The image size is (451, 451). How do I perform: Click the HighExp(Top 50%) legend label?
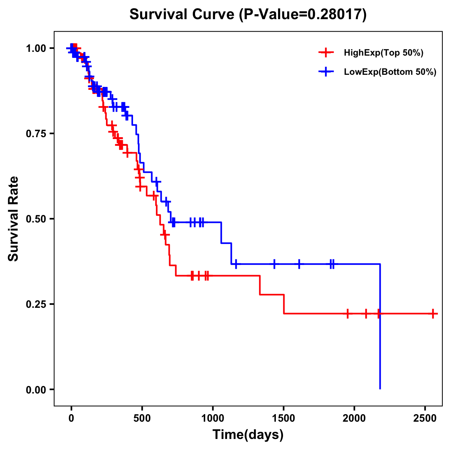point(383,53)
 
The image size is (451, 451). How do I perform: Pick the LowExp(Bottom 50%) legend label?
point(390,72)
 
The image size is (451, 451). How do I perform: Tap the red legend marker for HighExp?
point(326,53)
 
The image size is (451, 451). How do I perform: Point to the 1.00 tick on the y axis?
point(36,48)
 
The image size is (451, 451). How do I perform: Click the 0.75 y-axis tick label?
point(36,133)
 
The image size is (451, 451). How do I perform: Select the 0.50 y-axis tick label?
point(36,219)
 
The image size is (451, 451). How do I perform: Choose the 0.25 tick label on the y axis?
point(36,304)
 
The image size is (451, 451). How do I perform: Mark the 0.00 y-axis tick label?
point(36,389)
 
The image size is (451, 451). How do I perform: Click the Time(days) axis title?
point(248,435)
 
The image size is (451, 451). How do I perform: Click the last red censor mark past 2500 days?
point(433,313)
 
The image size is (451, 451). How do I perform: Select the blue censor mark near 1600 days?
point(299,264)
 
